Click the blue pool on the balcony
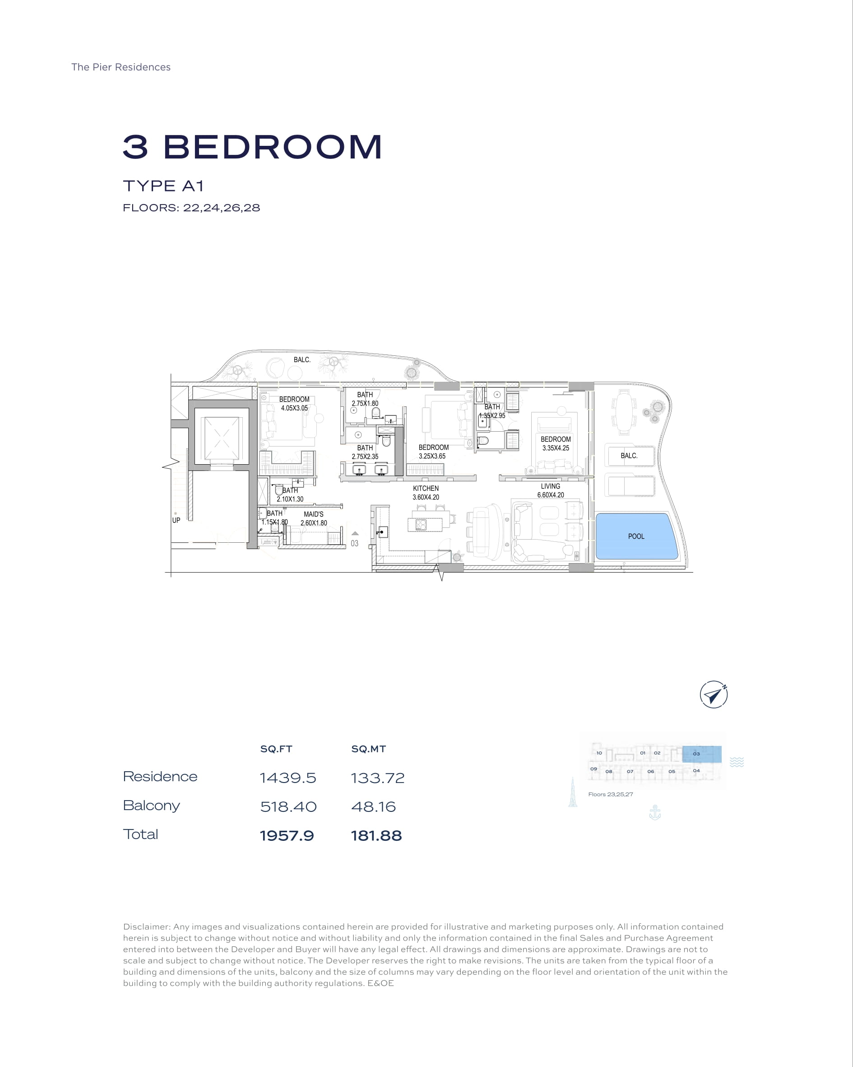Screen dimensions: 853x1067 coord(636,536)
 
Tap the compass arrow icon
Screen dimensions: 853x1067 coord(714,695)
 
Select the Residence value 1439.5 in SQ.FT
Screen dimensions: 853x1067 coord(288,778)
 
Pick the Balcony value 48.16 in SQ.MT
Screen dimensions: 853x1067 coord(374,806)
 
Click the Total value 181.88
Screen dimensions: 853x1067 coord(376,836)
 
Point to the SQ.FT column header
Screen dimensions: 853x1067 coord(276,749)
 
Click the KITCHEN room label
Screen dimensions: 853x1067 coord(426,488)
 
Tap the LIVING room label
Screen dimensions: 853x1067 coord(550,486)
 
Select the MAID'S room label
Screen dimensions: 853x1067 coord(314,514)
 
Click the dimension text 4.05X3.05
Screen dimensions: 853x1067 coord(294,408)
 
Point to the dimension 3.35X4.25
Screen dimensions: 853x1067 coord(556,448)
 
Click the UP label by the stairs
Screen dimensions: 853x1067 coord(176,520)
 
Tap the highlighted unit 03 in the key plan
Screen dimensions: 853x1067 coord(702,754)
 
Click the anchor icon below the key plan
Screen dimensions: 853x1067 coord(654,813)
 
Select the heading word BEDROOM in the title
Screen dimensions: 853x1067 coord(273,147)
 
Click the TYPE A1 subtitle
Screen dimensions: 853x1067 coord(163,186)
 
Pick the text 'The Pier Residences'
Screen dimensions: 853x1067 coord(121,67)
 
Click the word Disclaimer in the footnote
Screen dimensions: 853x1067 coord(147,927)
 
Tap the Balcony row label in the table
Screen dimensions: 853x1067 coord(151,806)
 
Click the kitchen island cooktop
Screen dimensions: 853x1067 coord(421,525)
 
